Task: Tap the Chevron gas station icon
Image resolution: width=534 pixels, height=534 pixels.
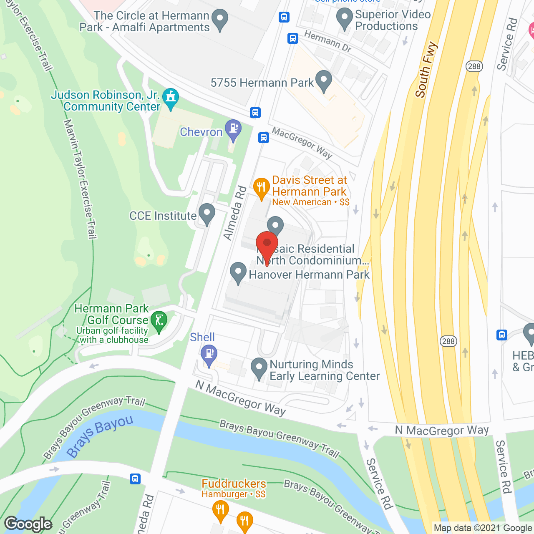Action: coord(233,130)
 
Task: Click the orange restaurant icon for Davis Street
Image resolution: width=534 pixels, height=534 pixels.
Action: coord(262,188)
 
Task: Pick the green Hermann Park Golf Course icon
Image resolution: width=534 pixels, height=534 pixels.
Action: coord(159,321)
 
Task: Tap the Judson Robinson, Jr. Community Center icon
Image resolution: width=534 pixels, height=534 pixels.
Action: coord(170,98)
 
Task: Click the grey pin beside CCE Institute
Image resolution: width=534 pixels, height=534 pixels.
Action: coord(207,214)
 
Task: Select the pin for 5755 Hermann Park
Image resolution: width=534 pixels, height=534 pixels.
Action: coord(323,81)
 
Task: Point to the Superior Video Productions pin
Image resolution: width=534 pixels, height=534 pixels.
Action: coord(344,19)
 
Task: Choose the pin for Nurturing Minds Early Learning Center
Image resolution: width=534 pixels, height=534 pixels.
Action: coord(259,369)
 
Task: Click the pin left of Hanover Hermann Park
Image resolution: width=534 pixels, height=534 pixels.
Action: coord(238,273)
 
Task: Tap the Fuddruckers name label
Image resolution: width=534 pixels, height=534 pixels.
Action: coord(234,484)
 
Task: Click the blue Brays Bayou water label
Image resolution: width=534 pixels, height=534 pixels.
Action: coord(100,436)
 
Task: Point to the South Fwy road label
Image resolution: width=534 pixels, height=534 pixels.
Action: coord(426,70)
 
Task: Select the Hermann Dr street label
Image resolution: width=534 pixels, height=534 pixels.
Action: coord(327,42)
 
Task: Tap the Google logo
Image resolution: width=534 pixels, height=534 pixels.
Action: coord(28,524)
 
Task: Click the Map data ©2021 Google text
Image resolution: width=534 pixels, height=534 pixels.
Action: coord(483,528)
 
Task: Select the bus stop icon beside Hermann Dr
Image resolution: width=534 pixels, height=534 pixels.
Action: coord(293,38)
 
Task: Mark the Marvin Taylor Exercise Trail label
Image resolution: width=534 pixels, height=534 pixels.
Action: coord(80,179)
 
